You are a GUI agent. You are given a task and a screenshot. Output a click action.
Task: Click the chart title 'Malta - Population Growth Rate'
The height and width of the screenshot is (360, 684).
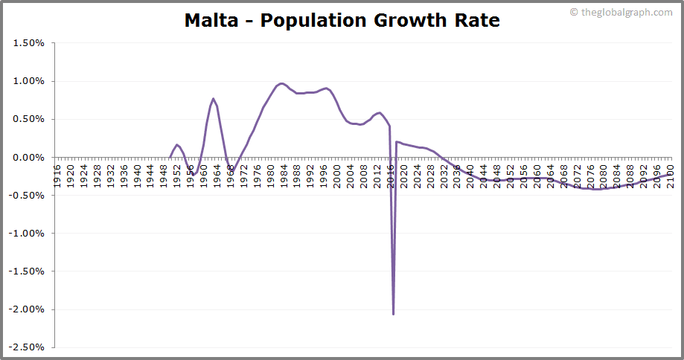tap(342, 21)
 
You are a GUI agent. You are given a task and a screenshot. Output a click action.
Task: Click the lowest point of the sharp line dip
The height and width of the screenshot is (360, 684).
tap(393, 314)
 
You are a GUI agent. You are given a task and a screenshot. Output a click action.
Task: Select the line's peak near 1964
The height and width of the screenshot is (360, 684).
tap(213, 98)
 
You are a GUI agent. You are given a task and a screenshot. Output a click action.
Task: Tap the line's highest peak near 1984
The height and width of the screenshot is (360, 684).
tap(281, 83)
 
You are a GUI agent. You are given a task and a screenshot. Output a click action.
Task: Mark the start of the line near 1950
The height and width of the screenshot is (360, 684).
tap(170, 157)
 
